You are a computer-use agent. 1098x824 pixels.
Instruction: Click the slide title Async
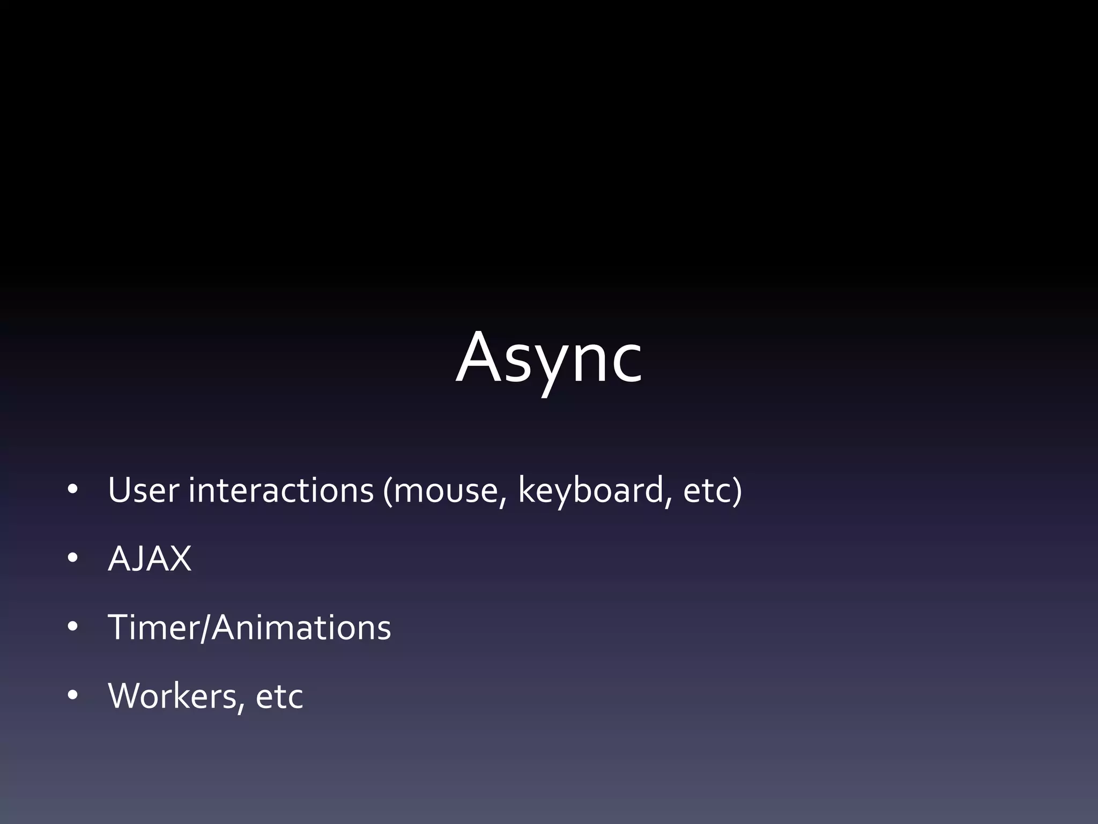click(548, 358)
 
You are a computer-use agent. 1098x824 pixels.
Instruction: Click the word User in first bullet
click(143, 490)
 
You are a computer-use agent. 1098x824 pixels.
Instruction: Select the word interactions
click(281, 490)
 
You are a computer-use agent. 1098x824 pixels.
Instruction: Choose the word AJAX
click(150, 559)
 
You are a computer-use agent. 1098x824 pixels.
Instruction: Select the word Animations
click(301, 628)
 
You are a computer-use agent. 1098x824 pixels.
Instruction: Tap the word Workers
click(172, 696)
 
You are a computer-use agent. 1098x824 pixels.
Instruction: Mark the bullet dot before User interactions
click(73, 490)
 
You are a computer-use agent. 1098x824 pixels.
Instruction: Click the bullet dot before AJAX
click(73, 558)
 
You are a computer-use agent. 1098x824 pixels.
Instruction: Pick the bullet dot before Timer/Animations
click(73, 627)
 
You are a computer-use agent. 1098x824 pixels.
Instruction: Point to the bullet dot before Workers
click(73, 696)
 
